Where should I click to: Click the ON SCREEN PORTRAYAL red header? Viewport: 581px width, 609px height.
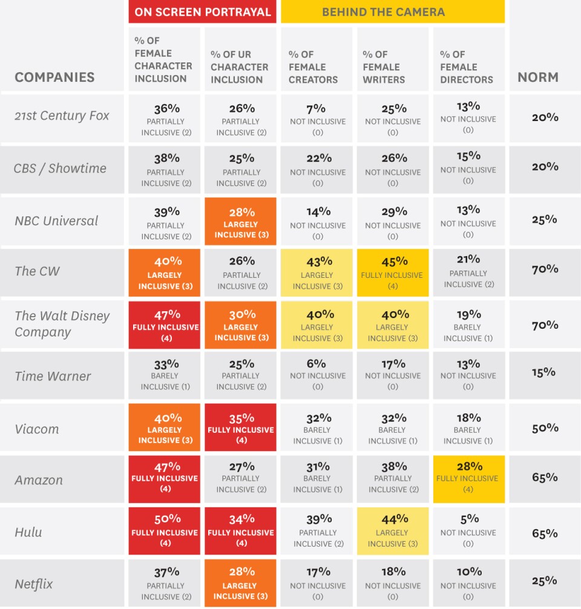[202, 12]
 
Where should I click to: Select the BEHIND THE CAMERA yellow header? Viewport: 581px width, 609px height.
[392, 12]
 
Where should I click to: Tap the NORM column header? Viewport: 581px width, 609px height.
[537, 77]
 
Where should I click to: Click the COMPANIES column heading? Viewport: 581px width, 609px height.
[54, 77]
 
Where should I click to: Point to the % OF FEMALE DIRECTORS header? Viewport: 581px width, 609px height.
[467, 67]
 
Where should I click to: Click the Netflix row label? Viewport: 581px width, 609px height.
[34, 584]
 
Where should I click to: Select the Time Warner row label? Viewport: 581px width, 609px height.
[53, 376]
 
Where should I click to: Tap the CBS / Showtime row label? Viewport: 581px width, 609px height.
[60, 168]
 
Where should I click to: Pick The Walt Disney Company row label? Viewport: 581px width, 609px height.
[62, 324]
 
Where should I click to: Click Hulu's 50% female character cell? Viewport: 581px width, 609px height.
[164, 530]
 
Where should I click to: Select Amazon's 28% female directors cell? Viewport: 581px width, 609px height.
[468, 478]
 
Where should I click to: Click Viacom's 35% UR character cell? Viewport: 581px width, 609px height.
[240, 428]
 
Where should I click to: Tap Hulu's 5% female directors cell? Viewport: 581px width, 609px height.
[468, 530]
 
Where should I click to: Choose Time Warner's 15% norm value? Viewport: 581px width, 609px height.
[544, 372]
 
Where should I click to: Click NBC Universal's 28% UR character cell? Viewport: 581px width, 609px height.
[240, 222]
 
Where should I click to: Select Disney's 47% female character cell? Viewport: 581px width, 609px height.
[164, 325]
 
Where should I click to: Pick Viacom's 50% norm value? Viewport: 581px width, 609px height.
[544, 428]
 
